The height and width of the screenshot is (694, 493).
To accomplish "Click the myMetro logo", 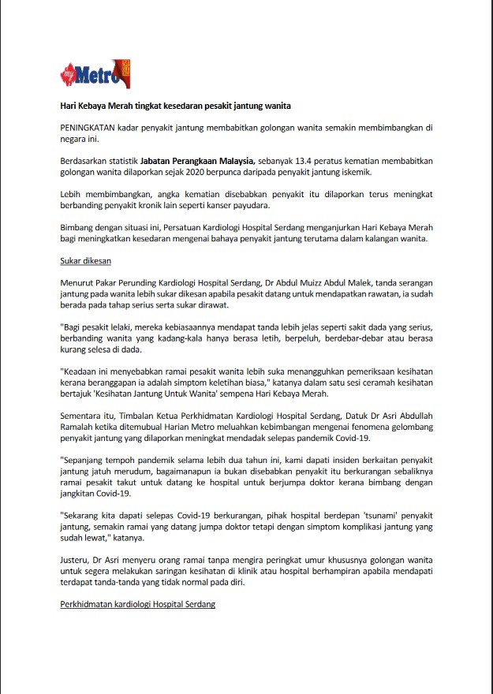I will [95, 74].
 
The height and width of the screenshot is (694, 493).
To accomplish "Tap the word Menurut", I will [77, 282].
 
